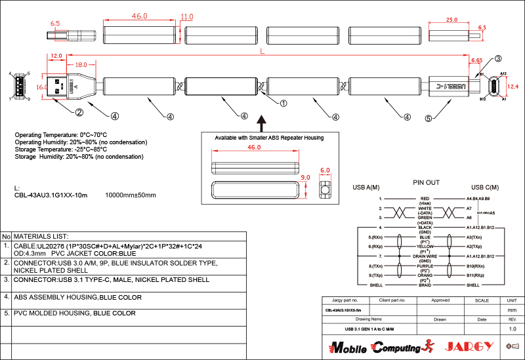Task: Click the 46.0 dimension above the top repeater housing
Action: tap(139, 15)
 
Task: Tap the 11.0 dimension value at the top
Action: tap(187, 16)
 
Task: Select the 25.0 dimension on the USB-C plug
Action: tap(451, 20)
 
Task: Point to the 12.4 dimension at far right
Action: tap(513, 87)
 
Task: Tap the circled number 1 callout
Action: tap(283, 103)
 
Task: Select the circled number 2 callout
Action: tap(79, 112)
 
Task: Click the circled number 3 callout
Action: tap(498, 58)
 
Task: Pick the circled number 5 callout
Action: tap(429, 119)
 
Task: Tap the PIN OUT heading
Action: tap(427, 182)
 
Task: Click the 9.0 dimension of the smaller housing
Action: tap(305, 177)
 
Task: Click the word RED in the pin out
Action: tap(425, 198)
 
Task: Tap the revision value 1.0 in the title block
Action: tap(513, 328)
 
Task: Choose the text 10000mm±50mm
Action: tap(131, 195)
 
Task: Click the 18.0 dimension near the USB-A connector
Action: tap(81, 65)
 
